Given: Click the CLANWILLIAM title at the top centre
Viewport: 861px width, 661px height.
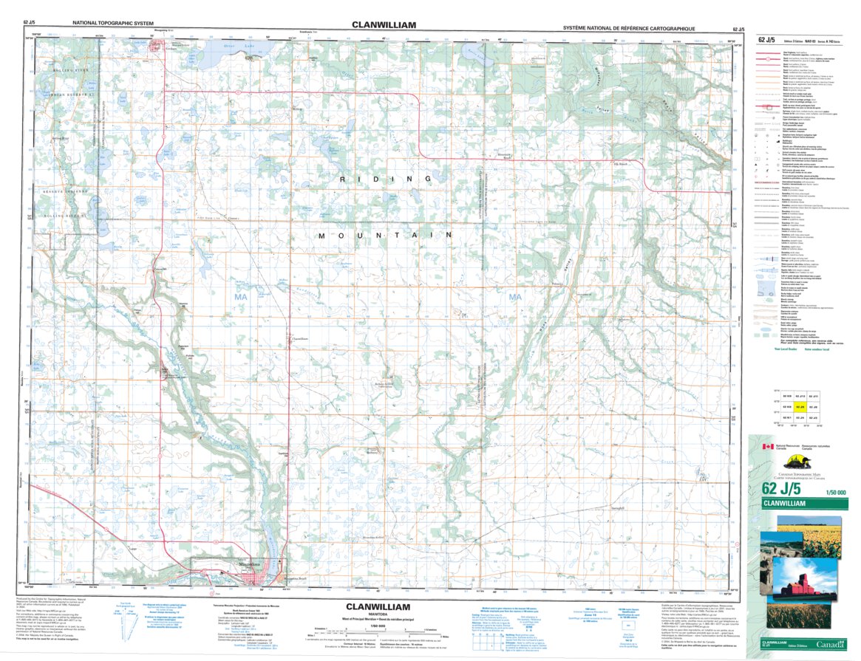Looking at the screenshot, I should (384, 24).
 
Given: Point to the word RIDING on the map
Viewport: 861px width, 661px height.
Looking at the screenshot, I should (386, 179).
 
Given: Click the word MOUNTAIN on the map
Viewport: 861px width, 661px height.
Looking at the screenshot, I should (385, 235).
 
